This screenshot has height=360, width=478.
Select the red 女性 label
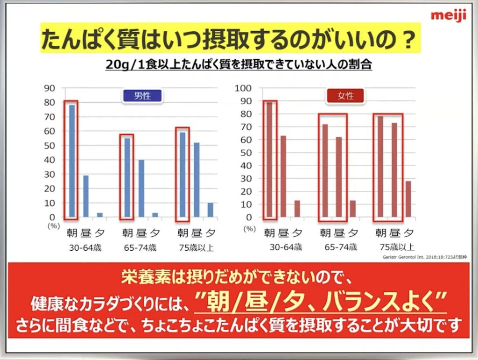coord(346,96)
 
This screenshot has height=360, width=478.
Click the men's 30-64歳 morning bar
coord(72,161)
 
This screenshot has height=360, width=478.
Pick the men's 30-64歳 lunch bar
coord(86,196)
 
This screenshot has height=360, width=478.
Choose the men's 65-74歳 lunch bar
coord(141,188)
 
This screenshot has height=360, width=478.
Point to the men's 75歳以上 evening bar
coord(210,210)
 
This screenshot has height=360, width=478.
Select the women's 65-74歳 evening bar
coord(352,209)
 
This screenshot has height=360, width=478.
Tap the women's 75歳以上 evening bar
coord(408,199)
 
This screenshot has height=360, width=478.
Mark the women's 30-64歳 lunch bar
coord(283,176)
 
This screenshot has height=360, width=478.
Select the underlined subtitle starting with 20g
coord(239,64)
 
